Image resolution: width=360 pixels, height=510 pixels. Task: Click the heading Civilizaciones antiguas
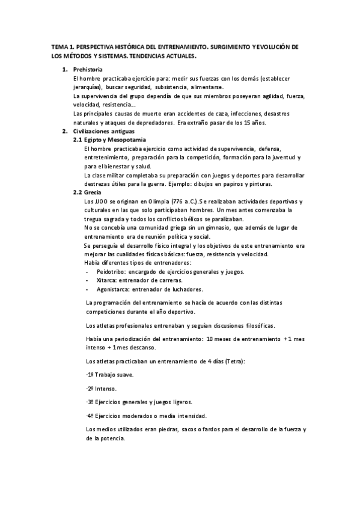point(105,131)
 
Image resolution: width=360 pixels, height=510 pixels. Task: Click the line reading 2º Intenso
point(102,389)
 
